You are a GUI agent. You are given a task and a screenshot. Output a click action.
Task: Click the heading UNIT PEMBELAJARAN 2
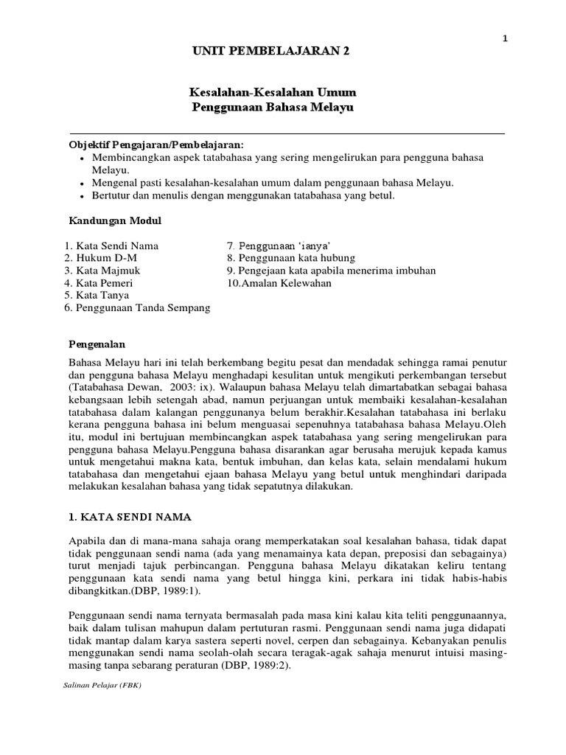271,52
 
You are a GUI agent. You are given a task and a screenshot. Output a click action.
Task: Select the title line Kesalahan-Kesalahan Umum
273,93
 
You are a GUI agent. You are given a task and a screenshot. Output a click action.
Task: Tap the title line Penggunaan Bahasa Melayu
273,108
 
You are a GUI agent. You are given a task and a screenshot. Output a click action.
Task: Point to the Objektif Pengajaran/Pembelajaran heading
156,145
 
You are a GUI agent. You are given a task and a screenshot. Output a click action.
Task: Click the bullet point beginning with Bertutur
243,195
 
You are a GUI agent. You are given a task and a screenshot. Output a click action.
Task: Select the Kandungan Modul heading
115,220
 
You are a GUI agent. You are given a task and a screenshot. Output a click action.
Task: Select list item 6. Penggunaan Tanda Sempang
136,307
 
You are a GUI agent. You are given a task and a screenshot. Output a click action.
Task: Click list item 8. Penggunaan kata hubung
291,258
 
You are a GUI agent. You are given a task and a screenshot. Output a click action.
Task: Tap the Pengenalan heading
97,344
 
